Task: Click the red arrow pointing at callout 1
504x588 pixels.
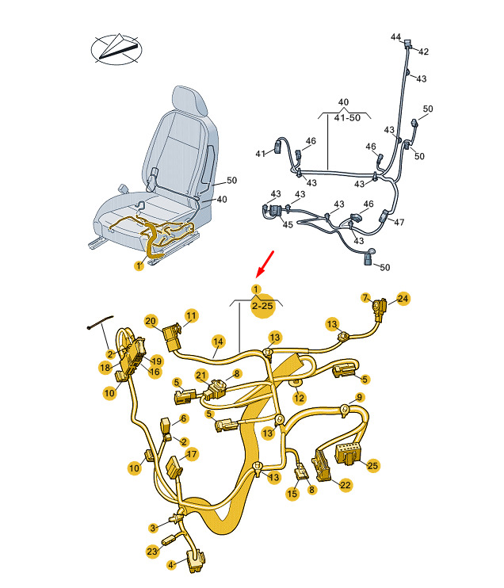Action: (265, 264)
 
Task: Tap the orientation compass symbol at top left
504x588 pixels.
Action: (116, 49)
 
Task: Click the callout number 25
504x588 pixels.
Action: (372, 465)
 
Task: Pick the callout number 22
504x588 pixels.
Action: (345, 485)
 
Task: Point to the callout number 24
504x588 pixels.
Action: (403, 299)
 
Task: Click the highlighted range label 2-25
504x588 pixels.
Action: (262, 306)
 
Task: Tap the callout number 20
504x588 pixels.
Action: (151, 321)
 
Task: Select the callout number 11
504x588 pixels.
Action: (191, 315)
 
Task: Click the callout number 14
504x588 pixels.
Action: (218, 342)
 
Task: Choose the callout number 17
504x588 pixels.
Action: (191, 454)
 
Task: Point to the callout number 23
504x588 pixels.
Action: (152, 552)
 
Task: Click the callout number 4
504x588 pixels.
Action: (171, 564)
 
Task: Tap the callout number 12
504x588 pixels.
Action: (299, 398)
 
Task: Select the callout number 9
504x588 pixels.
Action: (360, 397)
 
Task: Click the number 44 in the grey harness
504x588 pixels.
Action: (396, 36)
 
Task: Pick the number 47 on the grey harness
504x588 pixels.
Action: (399, 222)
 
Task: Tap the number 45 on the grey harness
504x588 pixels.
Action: (288, 224)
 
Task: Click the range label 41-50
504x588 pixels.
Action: (347, 117)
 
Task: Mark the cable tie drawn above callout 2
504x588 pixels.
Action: (100, 322)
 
